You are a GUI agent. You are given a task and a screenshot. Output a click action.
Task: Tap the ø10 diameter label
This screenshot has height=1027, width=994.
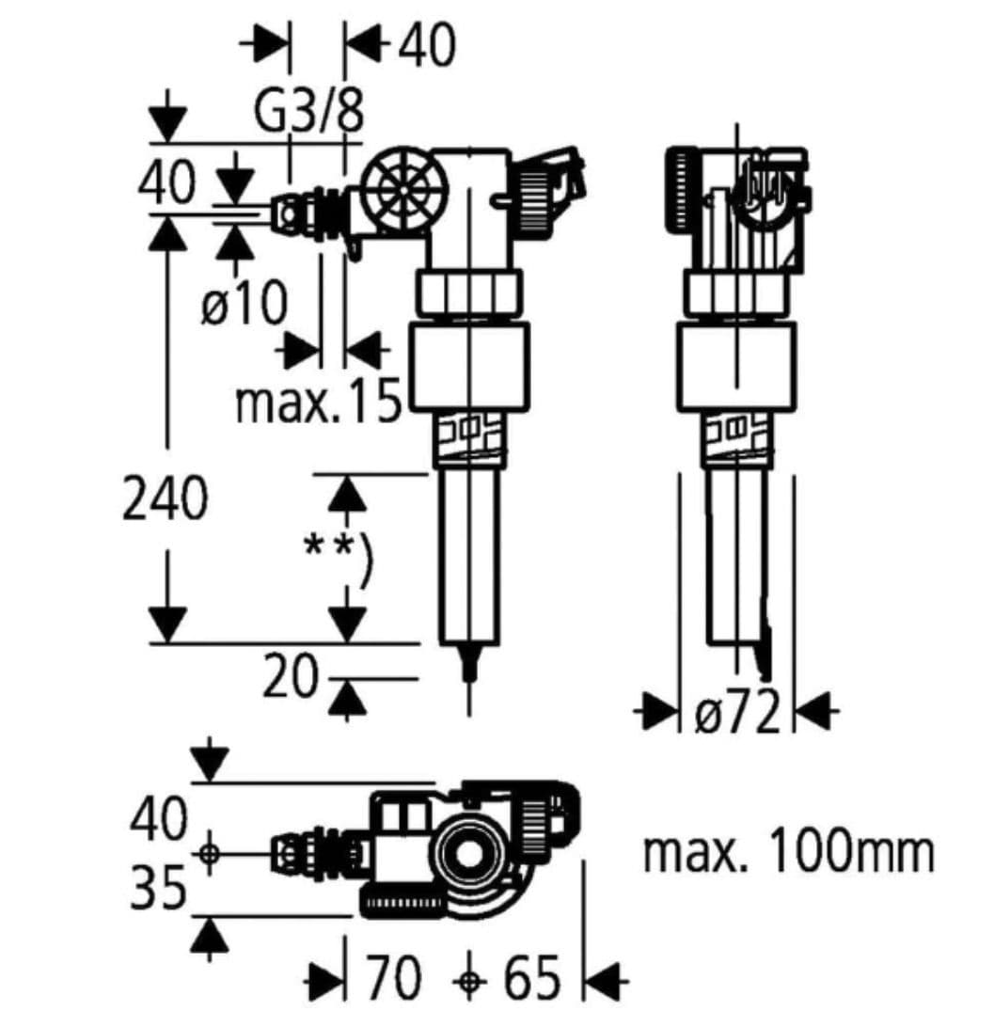coord(245,302)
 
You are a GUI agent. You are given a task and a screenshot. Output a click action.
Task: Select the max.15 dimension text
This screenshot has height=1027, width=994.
coord(318,401)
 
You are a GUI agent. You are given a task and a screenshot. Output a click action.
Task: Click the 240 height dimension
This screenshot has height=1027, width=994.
coord(165,498)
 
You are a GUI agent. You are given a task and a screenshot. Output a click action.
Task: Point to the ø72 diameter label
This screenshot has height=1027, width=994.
coord(737,710)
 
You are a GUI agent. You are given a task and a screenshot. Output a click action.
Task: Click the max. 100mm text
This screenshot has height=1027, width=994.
coord(789,851)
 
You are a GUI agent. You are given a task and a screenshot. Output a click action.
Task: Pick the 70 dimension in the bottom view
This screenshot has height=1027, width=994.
coord(393,977)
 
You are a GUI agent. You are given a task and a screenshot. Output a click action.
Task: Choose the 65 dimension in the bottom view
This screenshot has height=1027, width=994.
coord(532,977)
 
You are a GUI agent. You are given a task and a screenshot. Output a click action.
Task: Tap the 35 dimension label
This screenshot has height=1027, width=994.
coord(159,888)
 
